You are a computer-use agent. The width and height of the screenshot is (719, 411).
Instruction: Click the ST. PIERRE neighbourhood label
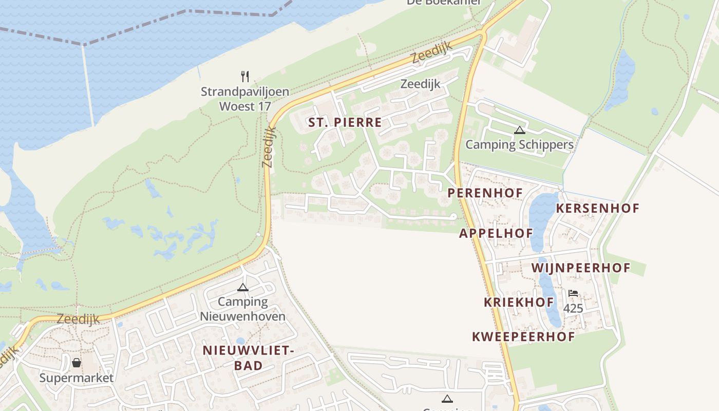pos(345,122)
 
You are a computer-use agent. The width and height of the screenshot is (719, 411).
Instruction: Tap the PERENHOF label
pos(485,193)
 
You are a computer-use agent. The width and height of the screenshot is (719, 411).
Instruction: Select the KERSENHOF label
pos(598,208)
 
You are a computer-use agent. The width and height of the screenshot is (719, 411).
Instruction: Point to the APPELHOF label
pos(496,233)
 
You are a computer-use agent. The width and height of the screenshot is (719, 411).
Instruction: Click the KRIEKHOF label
pos(519,302)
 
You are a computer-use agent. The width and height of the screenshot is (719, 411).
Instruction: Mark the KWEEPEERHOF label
pos(523,337)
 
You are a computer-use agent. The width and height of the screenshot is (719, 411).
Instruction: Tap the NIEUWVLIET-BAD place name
pos(248,358)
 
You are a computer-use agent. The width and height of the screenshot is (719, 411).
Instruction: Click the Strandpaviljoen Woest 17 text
pos(244,99)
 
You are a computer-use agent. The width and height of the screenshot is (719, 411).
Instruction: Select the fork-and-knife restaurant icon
pos(245,77)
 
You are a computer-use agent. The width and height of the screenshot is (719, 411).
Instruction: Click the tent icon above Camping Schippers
pos(519,130)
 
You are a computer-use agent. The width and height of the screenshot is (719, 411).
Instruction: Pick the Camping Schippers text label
pos(519,144)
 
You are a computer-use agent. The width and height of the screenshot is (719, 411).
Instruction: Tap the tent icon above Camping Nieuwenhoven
pos(243,287)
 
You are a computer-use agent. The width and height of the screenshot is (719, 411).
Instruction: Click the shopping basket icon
pos(77,363)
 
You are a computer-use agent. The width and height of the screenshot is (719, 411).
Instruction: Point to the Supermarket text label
pos(77,378)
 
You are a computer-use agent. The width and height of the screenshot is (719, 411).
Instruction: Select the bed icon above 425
pos(573,293)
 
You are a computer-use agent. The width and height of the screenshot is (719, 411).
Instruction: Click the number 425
pos(573,308)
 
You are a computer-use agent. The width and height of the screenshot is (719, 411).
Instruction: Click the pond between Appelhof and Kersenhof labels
pos(543,216)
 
